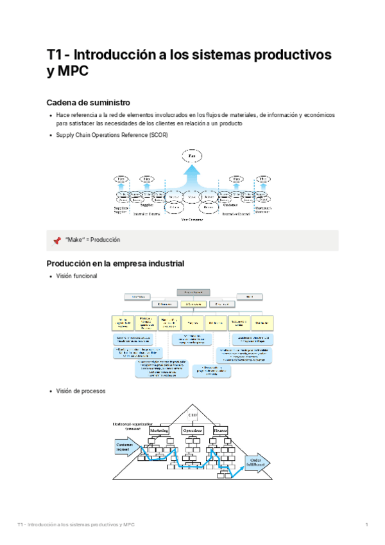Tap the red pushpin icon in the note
pyautogui.click(x=56, y=240)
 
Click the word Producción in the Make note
pyautogui.click(x=105, y=240)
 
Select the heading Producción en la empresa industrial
pyautogui.click(x=116, y=264)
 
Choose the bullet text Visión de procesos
pyautogui.click(x=81, y=391)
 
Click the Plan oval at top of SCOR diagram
pyautogui.click(x=191, y=156)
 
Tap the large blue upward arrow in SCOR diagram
pyautogui.click(x=191, y=175)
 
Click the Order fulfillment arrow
pyautogui.click(x=255, y=463)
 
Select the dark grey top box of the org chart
pyautogui.click(x=193, y=292)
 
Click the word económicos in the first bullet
pyautogui.click(x=319, y=115)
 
